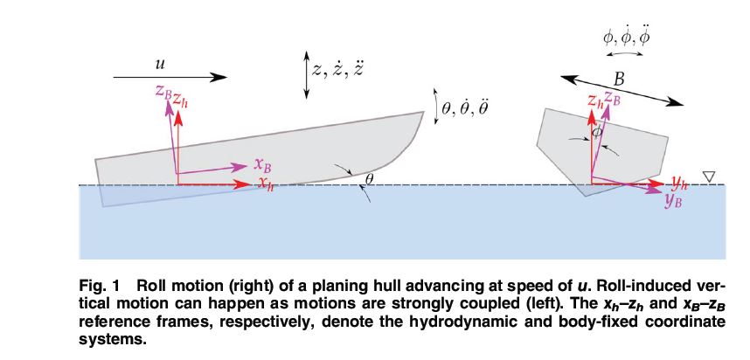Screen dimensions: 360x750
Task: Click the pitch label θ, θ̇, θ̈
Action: (x=468, y=107)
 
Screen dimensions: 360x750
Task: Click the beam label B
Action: (x=619, y=80)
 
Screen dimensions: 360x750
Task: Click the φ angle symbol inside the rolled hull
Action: (x=595, y=132)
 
